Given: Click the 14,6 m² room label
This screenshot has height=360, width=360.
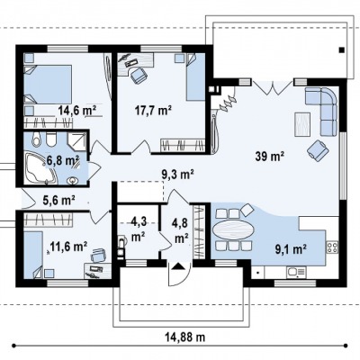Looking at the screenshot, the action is point(76,111).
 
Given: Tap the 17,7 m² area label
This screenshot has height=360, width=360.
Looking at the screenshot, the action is point(153,111).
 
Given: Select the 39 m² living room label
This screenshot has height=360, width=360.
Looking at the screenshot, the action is point(270,157).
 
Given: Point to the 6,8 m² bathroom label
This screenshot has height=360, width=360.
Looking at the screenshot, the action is point(62,160).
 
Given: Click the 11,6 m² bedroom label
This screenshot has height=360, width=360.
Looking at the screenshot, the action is point(68,247).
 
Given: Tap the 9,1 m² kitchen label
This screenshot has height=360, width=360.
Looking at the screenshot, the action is point(291,248).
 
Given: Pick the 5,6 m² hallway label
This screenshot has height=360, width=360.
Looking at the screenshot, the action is point(58,200).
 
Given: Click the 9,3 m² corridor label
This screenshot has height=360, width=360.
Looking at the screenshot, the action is point(178,175).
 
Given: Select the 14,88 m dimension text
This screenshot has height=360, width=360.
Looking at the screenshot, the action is point(185,337).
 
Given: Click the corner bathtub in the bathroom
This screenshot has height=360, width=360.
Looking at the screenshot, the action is point(40,168).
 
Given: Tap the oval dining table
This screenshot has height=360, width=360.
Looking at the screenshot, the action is point(233,229).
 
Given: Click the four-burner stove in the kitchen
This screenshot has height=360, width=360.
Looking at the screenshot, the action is point(332,247).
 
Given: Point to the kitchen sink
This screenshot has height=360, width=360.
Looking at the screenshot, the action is point(296,272).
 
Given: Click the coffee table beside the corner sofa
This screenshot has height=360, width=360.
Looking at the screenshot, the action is point(302,124).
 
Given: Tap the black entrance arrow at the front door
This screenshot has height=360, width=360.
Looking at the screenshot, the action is point(178,266).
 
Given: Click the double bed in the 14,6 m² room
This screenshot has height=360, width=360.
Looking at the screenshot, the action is point(48,85).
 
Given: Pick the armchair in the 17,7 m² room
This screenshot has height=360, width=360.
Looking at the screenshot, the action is point(139,75).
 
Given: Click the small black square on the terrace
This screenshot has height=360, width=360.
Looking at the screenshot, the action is point(341,50).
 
